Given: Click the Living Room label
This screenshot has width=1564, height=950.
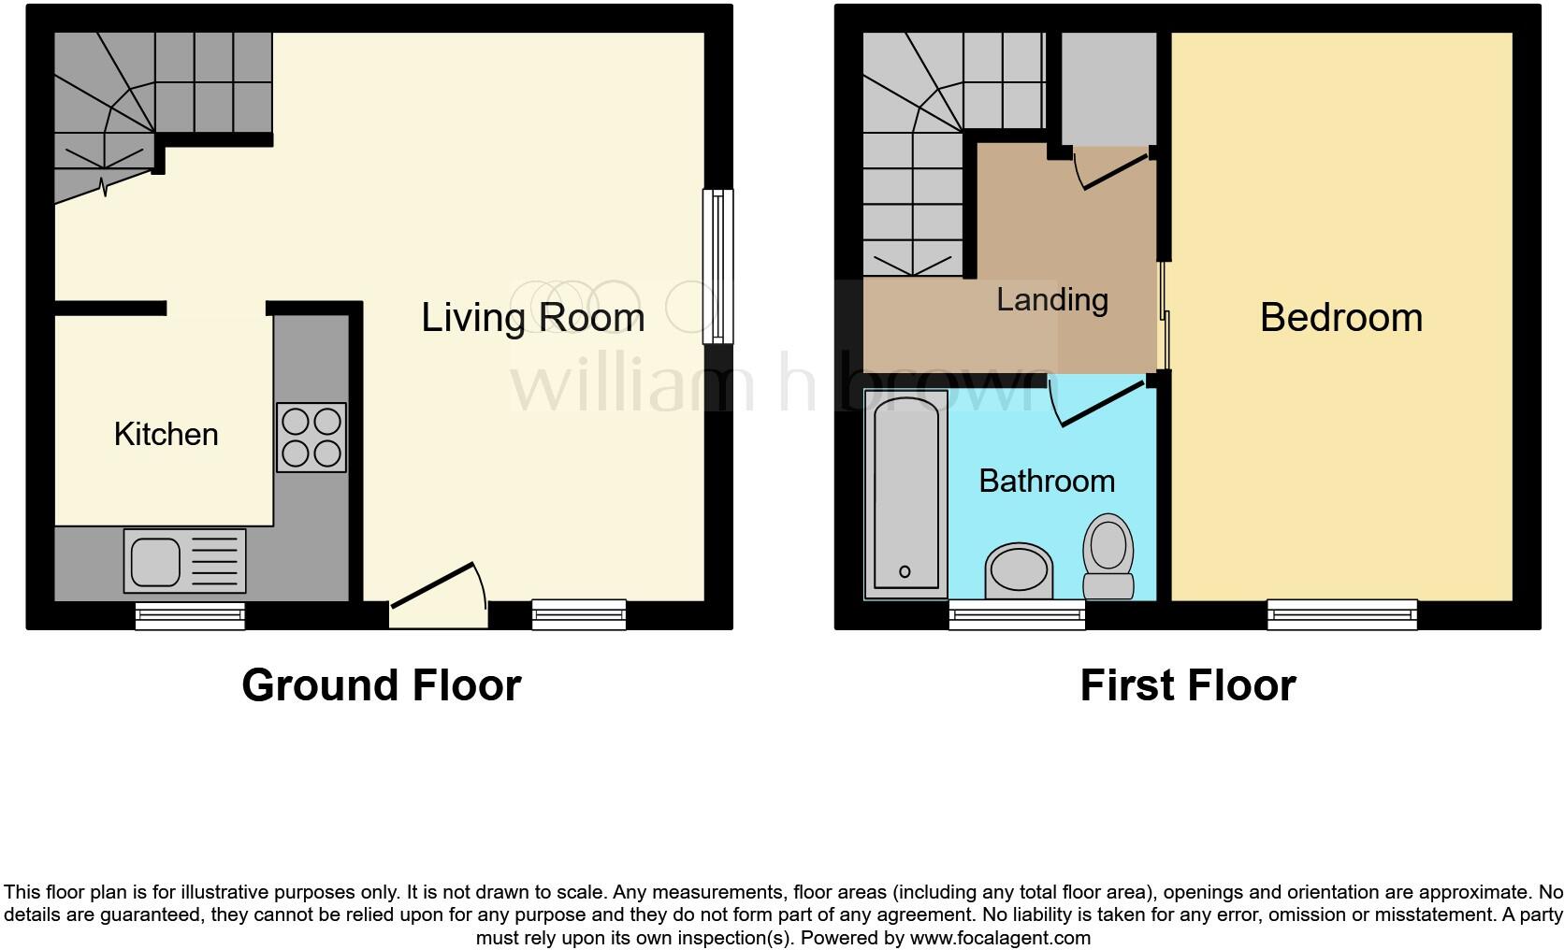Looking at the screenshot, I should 532,318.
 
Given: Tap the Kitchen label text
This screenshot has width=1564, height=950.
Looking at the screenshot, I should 166,434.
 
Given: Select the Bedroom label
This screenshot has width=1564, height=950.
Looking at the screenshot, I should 1340,318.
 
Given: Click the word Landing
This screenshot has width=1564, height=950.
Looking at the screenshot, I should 1052,299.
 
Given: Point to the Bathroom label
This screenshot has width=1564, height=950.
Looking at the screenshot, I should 1047,481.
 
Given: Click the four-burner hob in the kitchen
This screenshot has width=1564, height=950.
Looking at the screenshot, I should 311,437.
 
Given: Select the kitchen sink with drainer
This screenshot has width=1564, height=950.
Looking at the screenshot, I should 184,561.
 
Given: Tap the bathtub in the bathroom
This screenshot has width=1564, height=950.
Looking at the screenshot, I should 905,494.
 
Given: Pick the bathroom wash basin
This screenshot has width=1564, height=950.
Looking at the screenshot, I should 1019,571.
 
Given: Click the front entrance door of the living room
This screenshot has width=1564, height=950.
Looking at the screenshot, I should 438,597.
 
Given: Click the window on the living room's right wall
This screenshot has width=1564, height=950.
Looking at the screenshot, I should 717,266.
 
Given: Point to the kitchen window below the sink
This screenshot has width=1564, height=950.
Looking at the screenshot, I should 190,614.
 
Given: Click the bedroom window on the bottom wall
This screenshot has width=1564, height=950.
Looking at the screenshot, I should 1341,614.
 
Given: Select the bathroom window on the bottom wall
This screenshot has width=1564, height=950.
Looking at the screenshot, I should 1017,614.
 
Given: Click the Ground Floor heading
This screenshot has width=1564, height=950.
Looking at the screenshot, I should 381,685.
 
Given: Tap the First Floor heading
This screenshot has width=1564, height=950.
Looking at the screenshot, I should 1187,685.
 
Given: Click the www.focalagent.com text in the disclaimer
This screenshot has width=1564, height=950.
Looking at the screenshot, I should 999,938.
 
